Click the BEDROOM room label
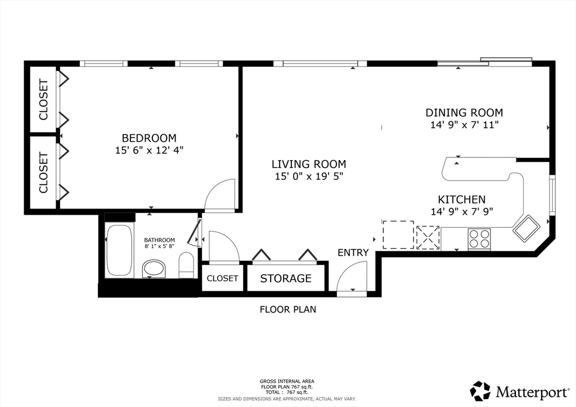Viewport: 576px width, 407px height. (149, 138)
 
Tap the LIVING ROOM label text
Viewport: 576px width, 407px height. (309, 164)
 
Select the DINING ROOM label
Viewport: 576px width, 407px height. (464, 112)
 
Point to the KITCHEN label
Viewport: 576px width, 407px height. (462, 200)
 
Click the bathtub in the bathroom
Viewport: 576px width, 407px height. (119, 250)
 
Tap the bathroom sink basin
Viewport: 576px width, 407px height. (154, 268)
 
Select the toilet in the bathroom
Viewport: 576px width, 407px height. (186, 265)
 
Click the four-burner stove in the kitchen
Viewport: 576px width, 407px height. (479, 239)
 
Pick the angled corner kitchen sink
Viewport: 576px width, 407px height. (526, 228)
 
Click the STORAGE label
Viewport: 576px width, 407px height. (286, 279)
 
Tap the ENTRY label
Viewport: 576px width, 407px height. (353, 252)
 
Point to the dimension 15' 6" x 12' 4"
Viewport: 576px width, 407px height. (149, 150)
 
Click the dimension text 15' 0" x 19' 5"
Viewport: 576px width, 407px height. (309, 177)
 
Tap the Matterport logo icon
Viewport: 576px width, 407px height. (480, 391)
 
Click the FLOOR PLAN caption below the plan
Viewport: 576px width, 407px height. (288, 309)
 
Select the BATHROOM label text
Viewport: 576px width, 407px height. (159, 240)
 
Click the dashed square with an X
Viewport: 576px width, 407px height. (428, 237)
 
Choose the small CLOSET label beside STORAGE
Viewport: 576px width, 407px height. (223, 278)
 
